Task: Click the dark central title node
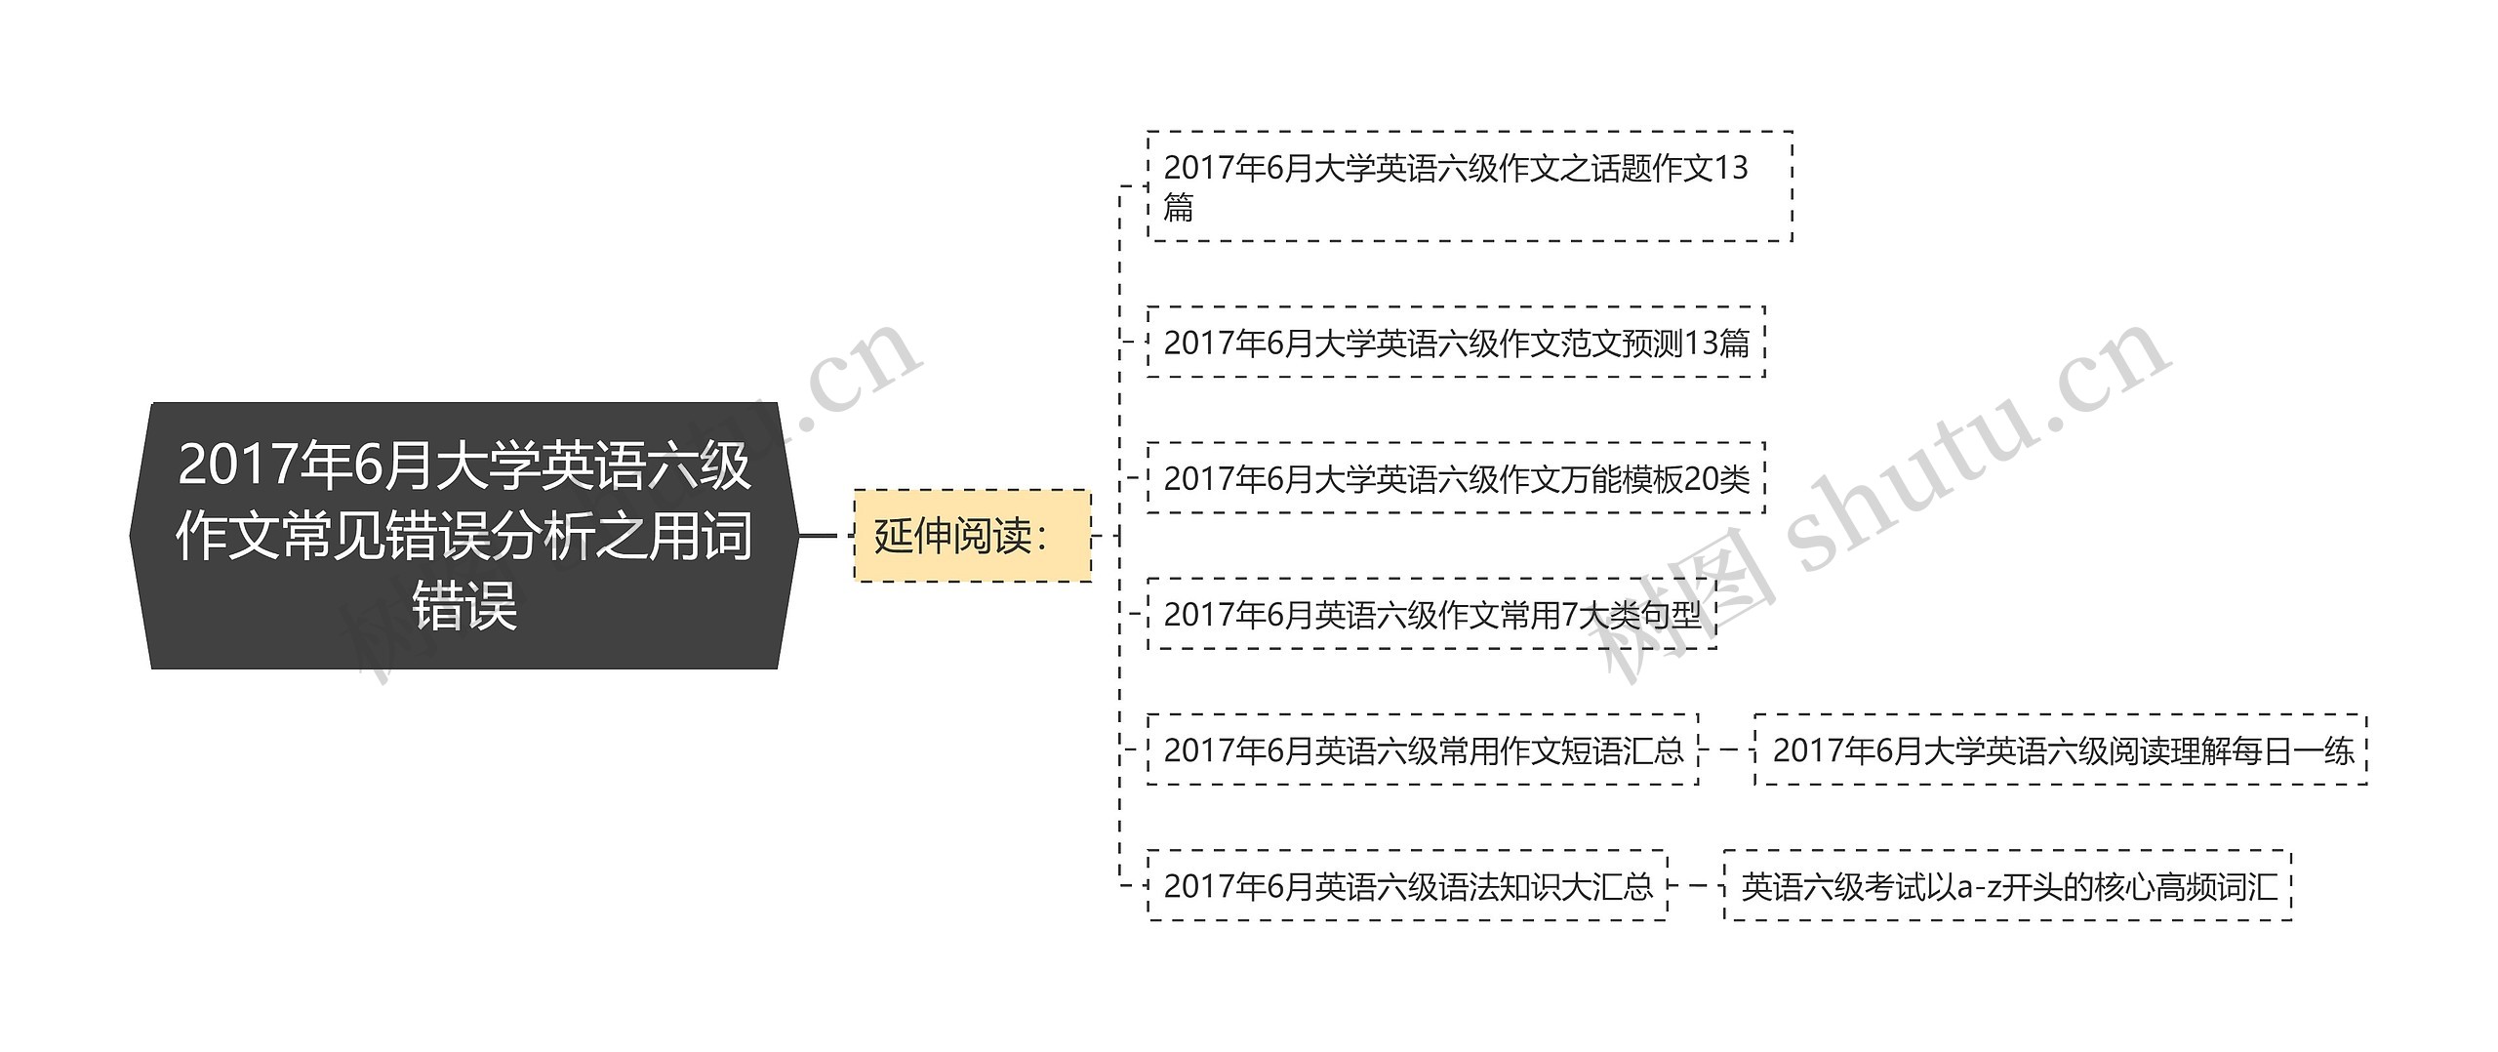464,535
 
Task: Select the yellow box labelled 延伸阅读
972,536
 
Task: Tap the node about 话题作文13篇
1470,186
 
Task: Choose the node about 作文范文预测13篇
1456,343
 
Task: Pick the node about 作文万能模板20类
1456,478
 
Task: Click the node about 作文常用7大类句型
1431,615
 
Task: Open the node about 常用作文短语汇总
1423,750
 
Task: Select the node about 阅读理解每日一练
2061,750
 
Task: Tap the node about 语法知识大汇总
1407,886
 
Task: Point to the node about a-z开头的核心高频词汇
2007,886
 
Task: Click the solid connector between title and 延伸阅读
818,536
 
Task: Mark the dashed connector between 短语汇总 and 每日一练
1727,750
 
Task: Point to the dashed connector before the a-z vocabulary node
1696,886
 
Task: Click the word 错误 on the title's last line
464,606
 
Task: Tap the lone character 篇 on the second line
1179,208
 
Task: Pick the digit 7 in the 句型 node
1570,615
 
